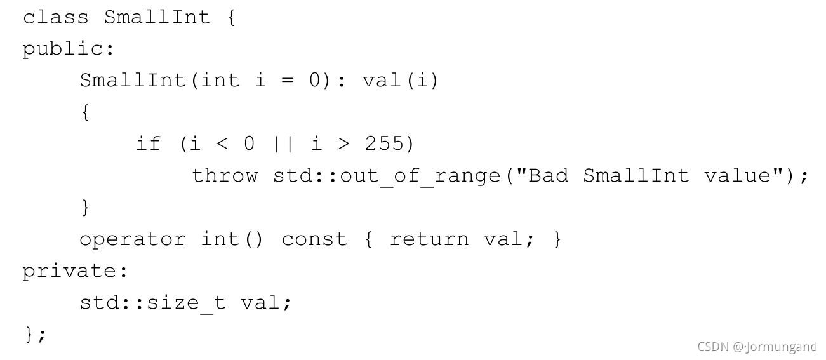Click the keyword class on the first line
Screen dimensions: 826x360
(55, 17)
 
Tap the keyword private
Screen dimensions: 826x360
(75, 271)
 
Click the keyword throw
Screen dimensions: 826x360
(225, 175)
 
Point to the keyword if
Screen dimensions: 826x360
(149, 143)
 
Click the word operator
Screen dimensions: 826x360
(132, 239)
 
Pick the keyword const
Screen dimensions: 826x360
(314, 239)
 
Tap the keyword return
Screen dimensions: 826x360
(429, 239)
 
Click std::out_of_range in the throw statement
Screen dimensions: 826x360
(387, 176)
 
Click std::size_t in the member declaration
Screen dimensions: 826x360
(152, 303)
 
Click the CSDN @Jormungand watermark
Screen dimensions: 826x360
(757, 347)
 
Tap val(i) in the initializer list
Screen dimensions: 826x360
(400, 81)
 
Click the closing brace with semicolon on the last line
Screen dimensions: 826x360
(34, 334)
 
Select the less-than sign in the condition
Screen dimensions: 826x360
(222, 144)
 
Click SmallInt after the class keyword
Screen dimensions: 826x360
(157, 17)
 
